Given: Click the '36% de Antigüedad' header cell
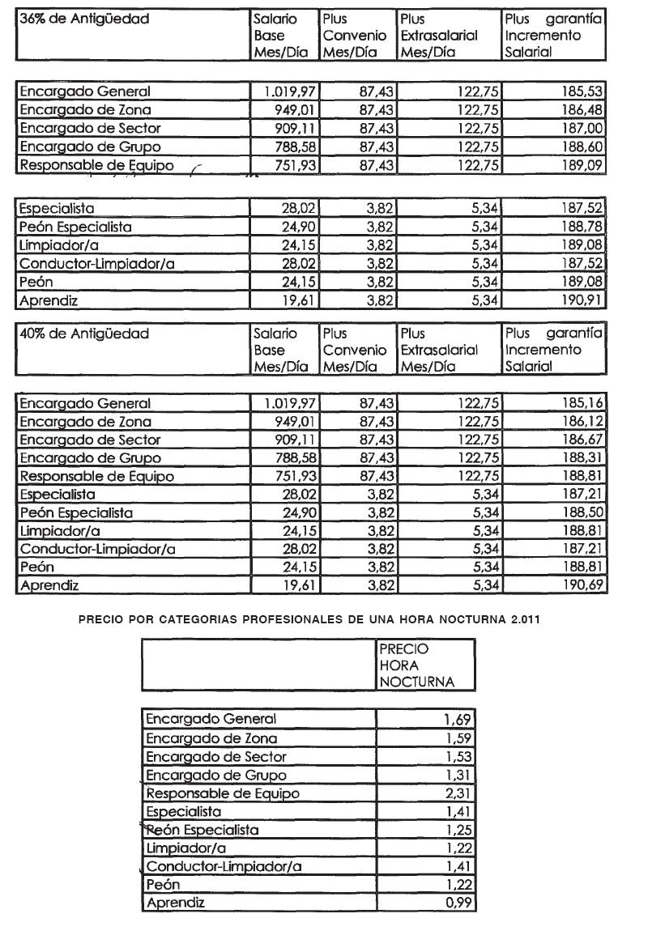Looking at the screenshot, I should [x=84, y=19].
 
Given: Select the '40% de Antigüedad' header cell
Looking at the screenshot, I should [x=84, y=333].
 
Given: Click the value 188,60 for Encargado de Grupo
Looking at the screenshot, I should [x=582, y=147].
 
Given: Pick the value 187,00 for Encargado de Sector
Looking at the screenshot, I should [x=582, y=129].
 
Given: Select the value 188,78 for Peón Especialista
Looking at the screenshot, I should [x=582, y=226].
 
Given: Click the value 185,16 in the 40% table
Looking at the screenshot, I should [x=582, y=403].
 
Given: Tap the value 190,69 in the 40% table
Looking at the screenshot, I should [x=582, y=585].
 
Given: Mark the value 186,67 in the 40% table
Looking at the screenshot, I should [x=582, y=440].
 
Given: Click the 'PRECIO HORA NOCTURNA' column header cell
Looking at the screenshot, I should [x=415, y=665].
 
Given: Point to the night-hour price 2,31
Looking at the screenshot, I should [x=458, y=793].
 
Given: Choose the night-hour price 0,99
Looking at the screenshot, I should [x=458, y=903].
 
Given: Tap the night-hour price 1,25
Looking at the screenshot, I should [x=458, y=830].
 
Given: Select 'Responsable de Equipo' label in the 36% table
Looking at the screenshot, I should [x=96, y=165].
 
